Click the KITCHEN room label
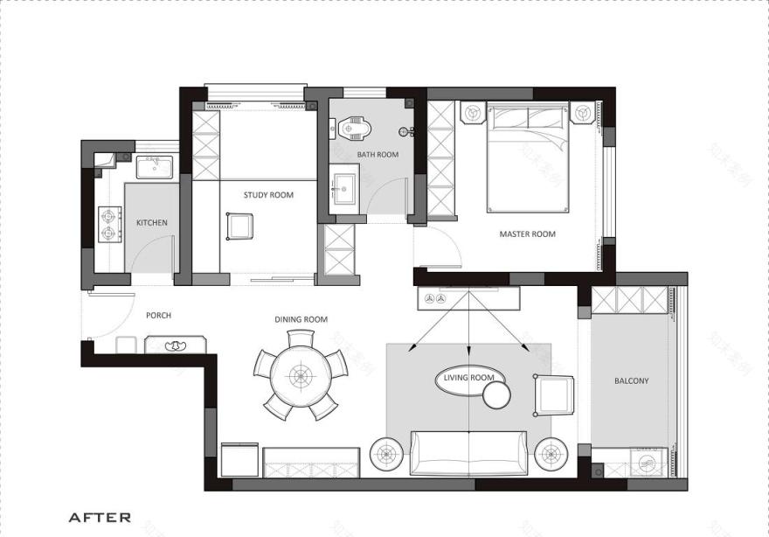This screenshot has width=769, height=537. [151, 223]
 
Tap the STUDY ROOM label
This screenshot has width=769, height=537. [268, 195]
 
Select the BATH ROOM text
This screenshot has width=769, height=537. [378, 155]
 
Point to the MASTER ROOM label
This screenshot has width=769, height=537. [527, 234]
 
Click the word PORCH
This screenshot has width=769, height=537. [158, 316]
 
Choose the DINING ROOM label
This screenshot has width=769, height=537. [301, 320]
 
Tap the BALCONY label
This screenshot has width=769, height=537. [631, 381]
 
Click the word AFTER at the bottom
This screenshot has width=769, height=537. [100, 518]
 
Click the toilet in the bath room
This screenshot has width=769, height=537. [355, 129]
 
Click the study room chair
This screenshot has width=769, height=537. [239, 226]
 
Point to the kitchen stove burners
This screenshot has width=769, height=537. [109, 223]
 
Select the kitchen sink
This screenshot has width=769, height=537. [155, 166]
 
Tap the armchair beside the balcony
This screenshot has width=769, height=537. [555, 395]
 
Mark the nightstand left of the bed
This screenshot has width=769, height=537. [473, 114]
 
